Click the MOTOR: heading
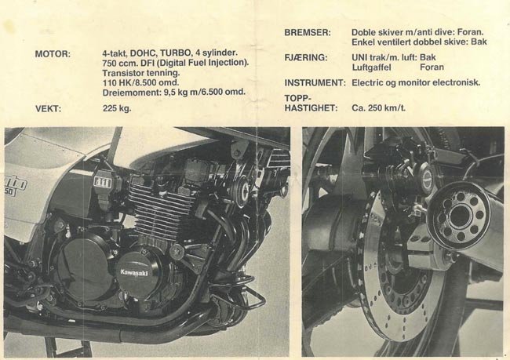pyautogui.click(x=53, y=53)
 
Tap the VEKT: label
pyautogui.click(x=48, y=108)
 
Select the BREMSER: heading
pyautogui.click(x=308, y=32)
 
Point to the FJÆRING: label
pyautogui.click(x=305, y=57)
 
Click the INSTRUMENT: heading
pyautogui.click(x=315, y=83)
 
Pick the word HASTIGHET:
pyautogui.click(x=311, y=108)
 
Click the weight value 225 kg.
pyautogui.click(x=117, y=108)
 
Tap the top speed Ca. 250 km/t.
pyautogui.click(x=379, y=108)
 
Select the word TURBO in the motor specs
pyautogui.click(x=176, y=53)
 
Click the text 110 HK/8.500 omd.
pyautogui.click(x=140, y=82)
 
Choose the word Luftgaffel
pyautogui.click(x=371, y=67)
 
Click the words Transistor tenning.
pyautogui.click(x=141, y=72)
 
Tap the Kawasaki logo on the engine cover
pyautogui.click(x=134, y=272)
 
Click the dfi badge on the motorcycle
pyautogui.click(x=103, y=183)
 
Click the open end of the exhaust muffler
pyautogui.click(x=459, y=216)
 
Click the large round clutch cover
pyautogui.click(x=86, y=267)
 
